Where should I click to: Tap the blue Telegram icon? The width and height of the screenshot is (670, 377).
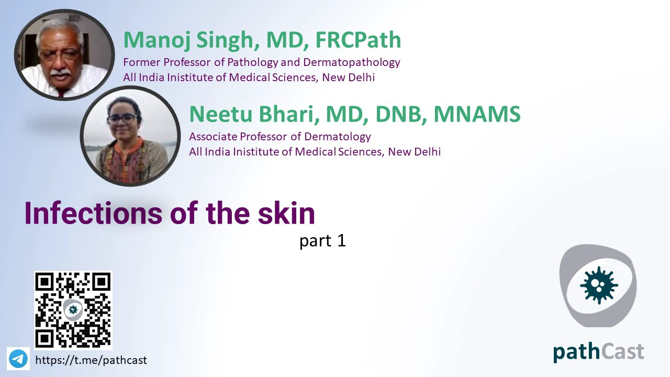pos(18,359)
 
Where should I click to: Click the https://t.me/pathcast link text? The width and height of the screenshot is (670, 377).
pos(91,360)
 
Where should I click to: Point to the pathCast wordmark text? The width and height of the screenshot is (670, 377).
pos(598,352)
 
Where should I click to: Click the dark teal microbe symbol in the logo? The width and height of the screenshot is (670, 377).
pos(599,285)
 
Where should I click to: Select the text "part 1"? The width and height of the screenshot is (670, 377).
pos(322,240)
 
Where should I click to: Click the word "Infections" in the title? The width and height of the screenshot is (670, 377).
pos(93,213)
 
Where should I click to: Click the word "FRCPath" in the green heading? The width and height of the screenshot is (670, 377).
pos(358,40)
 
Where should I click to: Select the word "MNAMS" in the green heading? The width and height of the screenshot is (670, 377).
pos(477,114)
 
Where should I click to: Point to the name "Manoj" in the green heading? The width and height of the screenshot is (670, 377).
pos(158,40)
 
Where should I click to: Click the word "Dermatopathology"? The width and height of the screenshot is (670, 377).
pos(351,62)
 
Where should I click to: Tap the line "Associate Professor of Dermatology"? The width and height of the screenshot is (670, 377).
pos(280,137)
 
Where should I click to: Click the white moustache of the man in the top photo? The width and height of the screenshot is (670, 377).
pos(60,73)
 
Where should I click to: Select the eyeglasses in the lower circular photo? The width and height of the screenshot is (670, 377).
pos(122,119)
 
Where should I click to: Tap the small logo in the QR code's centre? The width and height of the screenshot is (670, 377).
pos(73,309)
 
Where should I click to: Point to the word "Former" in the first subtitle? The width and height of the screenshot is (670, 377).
pos(142,62)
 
